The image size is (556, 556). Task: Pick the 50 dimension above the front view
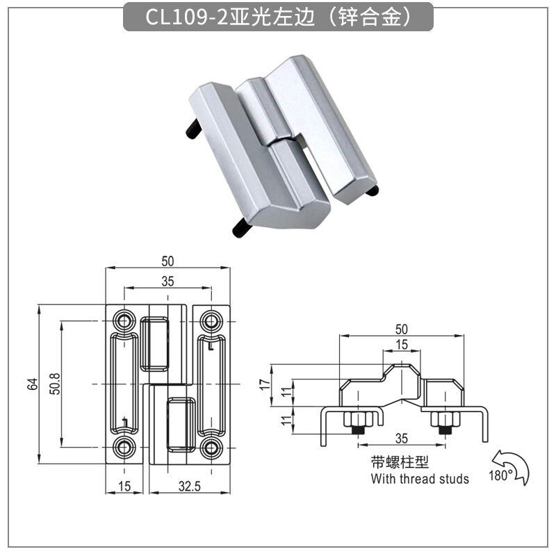[167, 261]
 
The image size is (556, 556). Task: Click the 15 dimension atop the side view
[402, 345]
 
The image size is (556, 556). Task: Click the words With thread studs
[420, 479]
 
